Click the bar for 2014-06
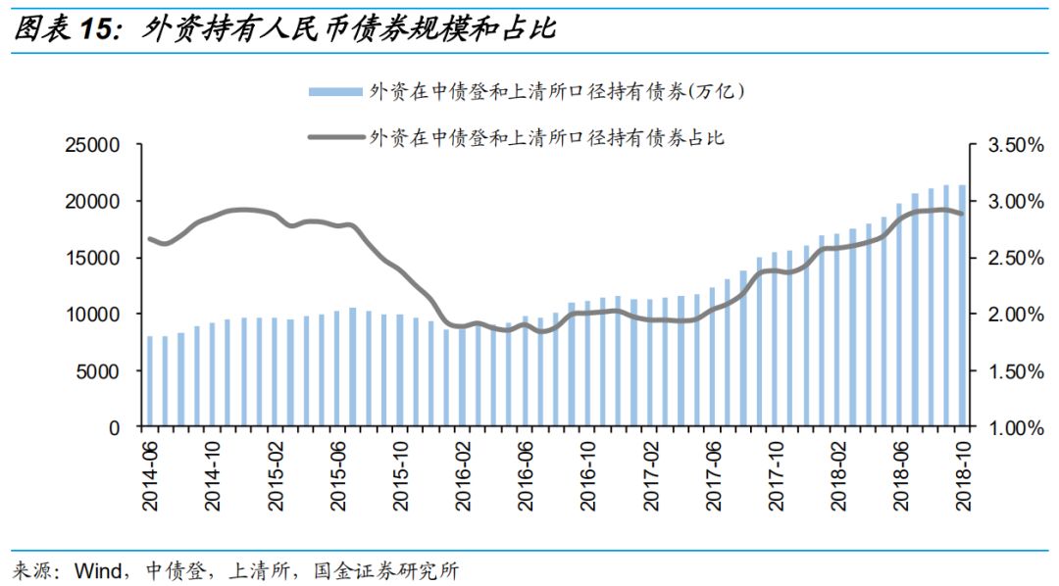click(150, 382)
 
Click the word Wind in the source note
click(96, 569)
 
